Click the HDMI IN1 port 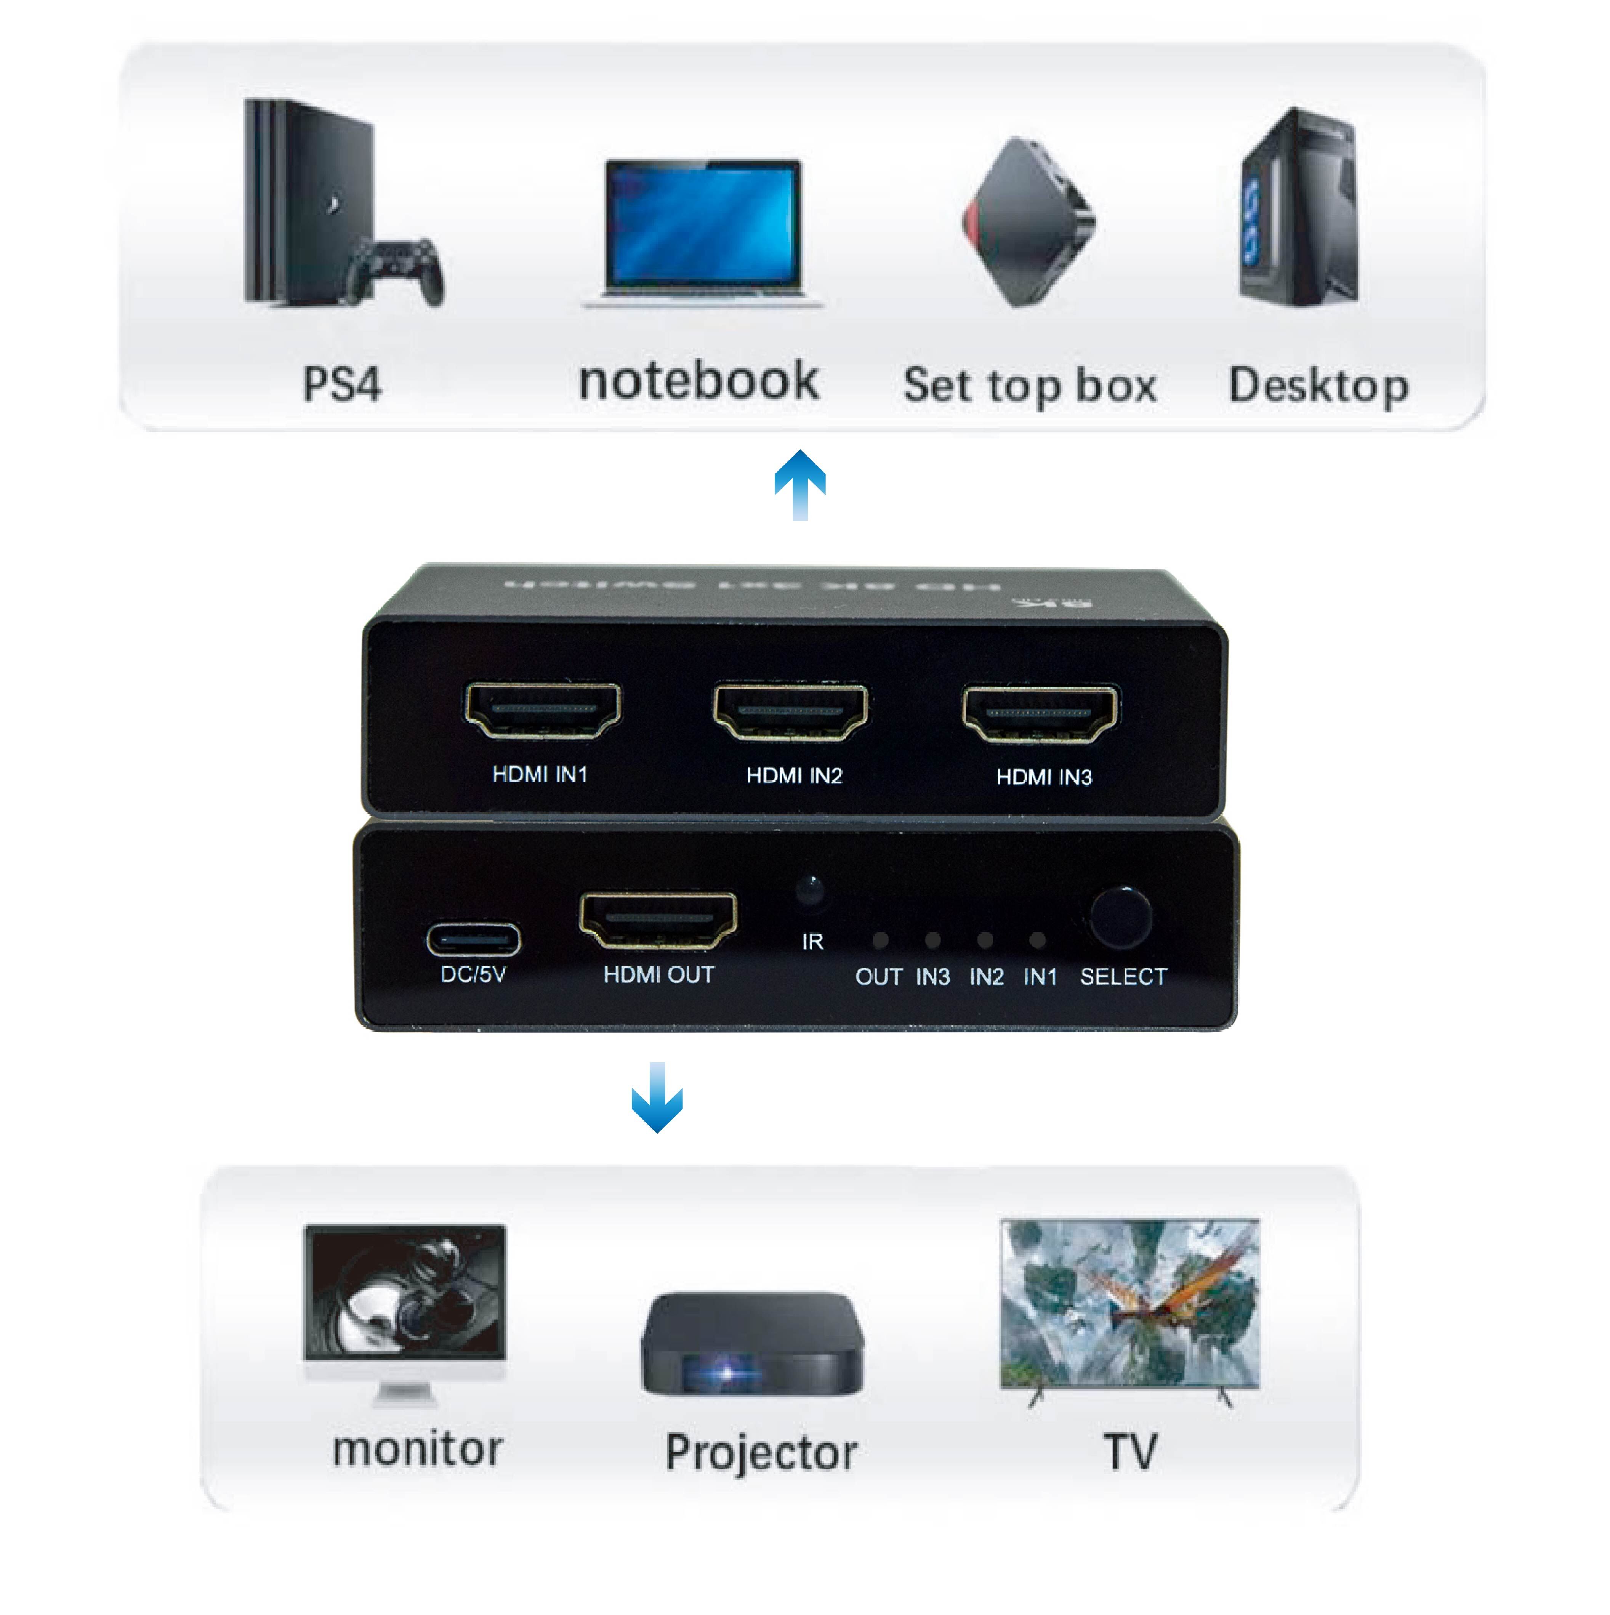[543, 711]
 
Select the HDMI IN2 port [790, 712]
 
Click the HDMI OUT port [658, 920]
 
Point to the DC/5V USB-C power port [473, 940]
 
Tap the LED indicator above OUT [880, 940]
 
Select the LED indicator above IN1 [1037, 940]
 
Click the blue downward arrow [657, 1097]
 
